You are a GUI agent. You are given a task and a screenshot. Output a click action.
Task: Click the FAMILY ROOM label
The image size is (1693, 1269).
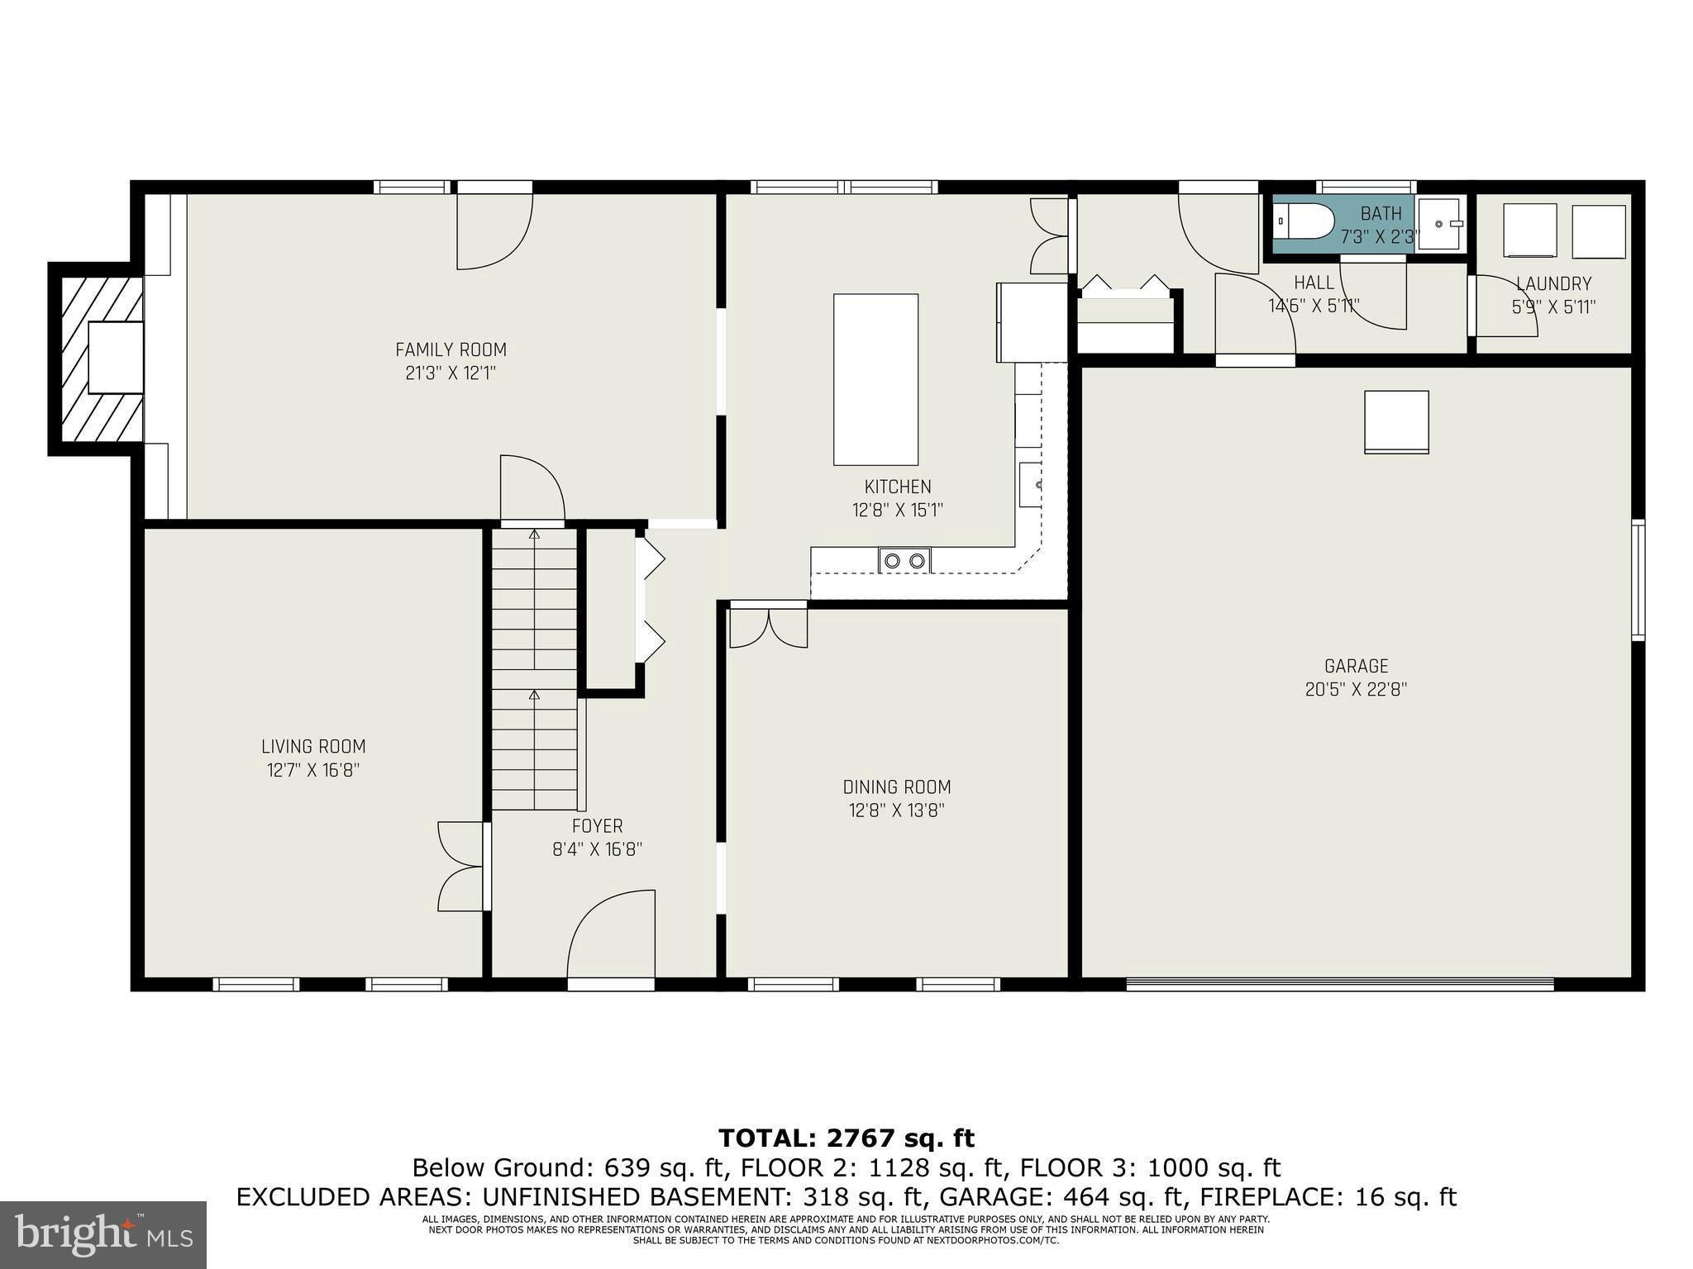click(x=451, y=349)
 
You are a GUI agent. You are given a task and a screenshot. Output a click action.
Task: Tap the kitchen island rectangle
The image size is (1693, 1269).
click(x=875, y=379)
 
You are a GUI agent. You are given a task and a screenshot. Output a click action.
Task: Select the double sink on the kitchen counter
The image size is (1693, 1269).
click(x=904, y=561)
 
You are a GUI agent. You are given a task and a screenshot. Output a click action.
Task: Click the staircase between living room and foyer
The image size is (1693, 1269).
click(x=535, y=669)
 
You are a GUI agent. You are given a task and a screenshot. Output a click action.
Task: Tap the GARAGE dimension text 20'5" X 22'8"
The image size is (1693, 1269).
click(x=1356, y=689)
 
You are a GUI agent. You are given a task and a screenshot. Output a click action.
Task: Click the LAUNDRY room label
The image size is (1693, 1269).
click(x=1553, y=284)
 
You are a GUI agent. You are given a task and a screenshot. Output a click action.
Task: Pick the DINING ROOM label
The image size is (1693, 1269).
click(x=897, y=787)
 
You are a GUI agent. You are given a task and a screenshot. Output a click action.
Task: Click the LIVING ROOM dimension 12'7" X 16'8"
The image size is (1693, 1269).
click(x=313, y=770)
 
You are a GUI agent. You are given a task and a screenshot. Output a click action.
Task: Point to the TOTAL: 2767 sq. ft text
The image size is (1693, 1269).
click(x=846, y=1138)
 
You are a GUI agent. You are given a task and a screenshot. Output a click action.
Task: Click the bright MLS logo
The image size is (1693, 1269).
click(x=103, y=1235)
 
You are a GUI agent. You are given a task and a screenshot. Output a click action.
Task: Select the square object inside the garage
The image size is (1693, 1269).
click(x=1396, y=421)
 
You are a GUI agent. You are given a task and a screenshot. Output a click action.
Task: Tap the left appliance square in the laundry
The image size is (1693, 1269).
click(x=1529, y=231)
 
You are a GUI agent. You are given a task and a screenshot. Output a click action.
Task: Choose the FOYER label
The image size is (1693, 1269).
click(x=597, y=826)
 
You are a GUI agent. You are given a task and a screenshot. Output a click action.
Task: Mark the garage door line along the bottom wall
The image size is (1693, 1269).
click(x=1339, y=982)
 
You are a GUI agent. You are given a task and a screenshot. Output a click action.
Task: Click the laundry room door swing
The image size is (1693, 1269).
click(x=1505, y=306)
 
